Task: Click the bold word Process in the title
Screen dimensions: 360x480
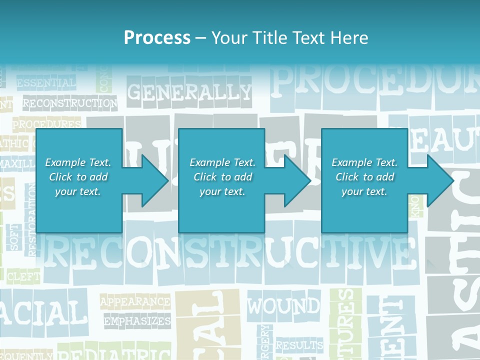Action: coord(157,37)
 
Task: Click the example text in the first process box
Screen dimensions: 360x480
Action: coord(78,177)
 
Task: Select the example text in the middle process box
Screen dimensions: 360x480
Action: coord(222,177)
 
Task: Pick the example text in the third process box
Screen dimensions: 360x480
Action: coord(364,177)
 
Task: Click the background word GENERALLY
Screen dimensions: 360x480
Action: coord(189,92)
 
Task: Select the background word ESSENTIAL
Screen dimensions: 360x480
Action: coord(46,83)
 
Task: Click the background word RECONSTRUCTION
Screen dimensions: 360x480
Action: coord(70,104)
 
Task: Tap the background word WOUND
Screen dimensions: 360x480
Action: coord(284,305)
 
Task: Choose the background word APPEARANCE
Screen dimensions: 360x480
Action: coord(135,302)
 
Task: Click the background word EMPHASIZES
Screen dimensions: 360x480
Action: coord(137,321)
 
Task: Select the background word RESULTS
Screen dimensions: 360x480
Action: coord(299,345)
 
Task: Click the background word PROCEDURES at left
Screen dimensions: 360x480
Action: coord(46,123)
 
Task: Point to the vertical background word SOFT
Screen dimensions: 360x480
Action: coord(14,236)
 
